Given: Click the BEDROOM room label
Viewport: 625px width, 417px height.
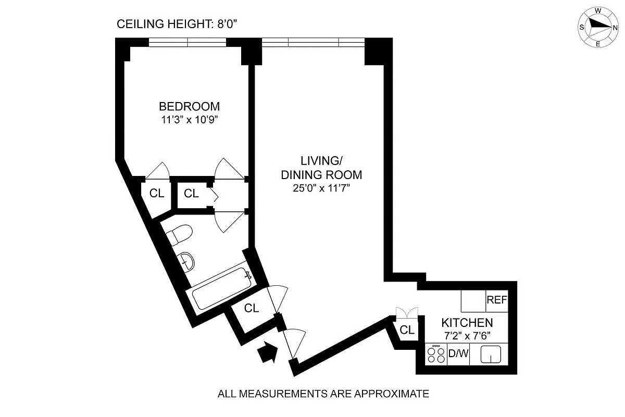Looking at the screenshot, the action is pos(190,106).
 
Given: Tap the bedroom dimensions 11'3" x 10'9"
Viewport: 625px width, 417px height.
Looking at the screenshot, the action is pos(190,120).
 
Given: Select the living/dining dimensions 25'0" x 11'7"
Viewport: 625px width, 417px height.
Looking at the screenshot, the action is pos(321,188).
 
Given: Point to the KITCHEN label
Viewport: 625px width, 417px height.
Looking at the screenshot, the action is pos(467,323).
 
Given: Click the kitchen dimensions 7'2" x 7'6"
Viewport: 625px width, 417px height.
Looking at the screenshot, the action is pos(467,336).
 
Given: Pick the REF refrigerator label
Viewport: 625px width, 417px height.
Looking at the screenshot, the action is pos(497,300).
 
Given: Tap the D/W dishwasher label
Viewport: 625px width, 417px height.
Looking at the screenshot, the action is pos(458,353).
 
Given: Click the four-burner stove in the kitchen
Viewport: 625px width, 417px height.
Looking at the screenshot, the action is pos(436,354).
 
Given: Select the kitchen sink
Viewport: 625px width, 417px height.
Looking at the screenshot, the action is pos(491,354).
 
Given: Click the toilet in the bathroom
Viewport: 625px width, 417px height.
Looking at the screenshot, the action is pos(179,235).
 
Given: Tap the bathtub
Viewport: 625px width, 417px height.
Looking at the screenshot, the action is pos(222,288).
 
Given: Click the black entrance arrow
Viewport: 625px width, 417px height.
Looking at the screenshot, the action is pos(268,352).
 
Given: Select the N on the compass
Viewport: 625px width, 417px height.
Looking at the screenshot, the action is pos(615,28).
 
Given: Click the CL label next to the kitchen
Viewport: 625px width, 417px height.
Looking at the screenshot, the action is pos(407,330).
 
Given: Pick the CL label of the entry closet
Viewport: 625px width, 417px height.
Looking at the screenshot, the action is pos(252,308).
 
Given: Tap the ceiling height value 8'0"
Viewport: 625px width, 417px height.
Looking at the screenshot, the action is pos(227,24).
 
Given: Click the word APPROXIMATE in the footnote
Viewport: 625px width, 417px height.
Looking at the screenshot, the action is pos(392,394).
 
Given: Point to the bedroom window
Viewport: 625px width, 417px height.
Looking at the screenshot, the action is pos(187,42).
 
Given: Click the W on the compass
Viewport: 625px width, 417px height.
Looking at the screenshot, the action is pos(598,11).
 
